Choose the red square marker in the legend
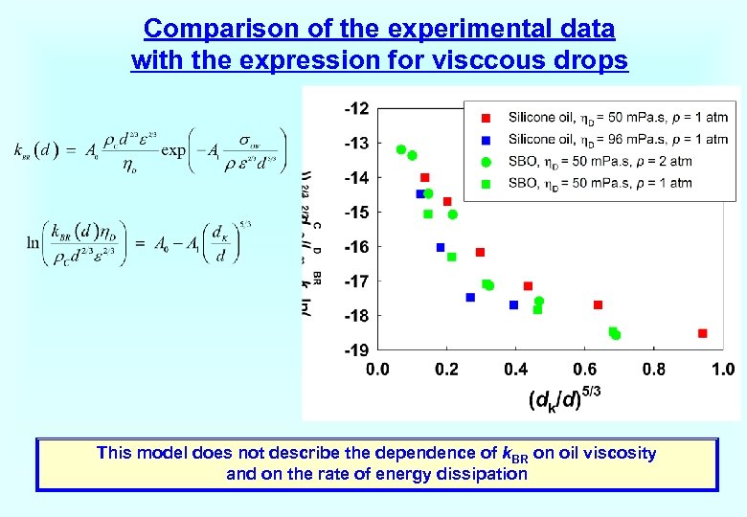point(486,118)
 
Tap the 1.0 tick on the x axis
point(723,370)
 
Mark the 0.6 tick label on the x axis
point(584,370)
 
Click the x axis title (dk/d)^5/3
point(565,397)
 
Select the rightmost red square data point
point(702,333)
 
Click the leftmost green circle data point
point(401,149)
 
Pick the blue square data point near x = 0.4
point(513,304)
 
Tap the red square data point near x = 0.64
point(598,304)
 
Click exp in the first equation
point(173,150)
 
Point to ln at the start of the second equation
point(35,240)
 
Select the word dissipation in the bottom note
point(482,473)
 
